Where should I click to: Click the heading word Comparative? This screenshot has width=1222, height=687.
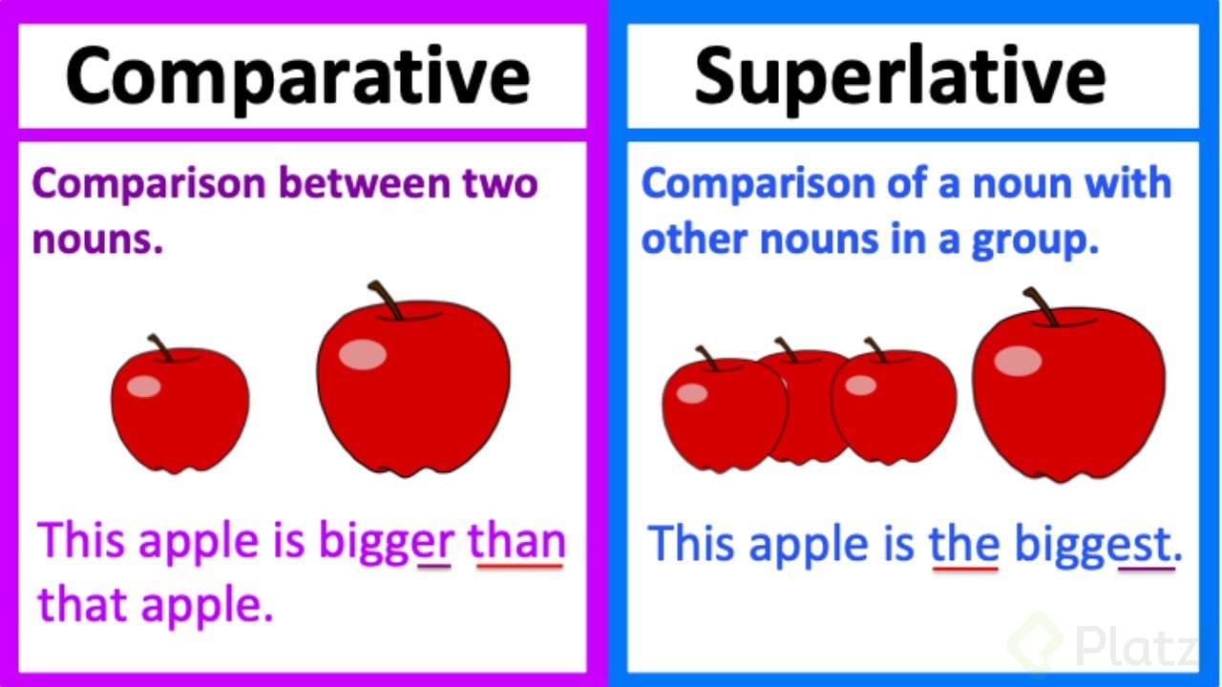[x=297, y=76]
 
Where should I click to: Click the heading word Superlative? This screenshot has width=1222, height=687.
[x=899, y=76]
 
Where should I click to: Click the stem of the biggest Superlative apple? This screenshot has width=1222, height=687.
[x=1039, y=306]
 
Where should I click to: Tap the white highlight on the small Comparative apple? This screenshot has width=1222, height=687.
[x=144, y=386]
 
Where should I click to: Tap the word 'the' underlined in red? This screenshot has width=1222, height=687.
[x=964, y=544]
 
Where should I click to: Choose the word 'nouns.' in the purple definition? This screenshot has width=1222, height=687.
[x=97, y=240]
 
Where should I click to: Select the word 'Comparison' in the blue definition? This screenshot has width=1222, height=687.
[x=760, y=183]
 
